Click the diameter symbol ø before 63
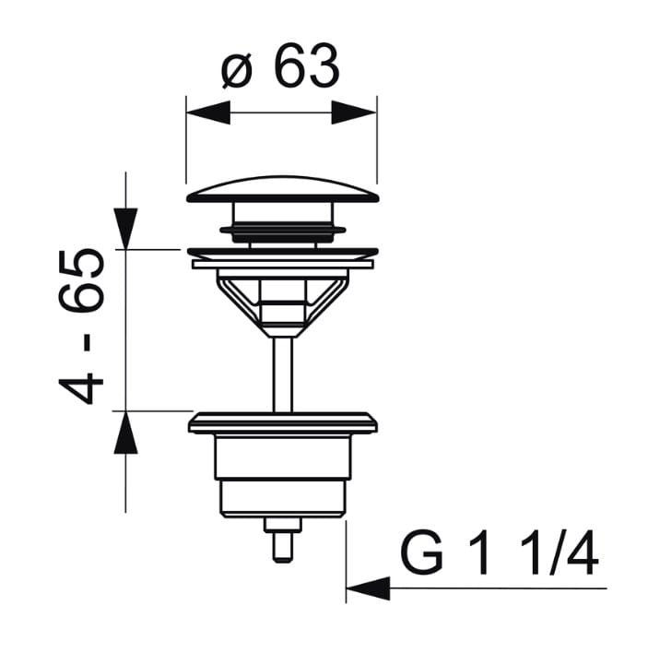tap(238, 72)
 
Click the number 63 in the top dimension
tap(307, 65)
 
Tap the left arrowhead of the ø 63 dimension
tap(208, 113)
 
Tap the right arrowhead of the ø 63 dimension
tap(354, 113)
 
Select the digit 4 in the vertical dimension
tap(81, 388)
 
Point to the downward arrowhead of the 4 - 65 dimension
tap(126, 229)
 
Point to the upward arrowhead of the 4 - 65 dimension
tap(125, 433)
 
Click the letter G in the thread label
tap(421, 552)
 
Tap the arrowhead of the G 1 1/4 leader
tap(368, 588)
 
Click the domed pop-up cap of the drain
tap(282, 190)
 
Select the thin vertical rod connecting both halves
tap(283, 374)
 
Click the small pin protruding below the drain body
tap(283, 540)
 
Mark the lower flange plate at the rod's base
tap(283, 423)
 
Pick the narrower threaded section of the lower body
tap(283, 498)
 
